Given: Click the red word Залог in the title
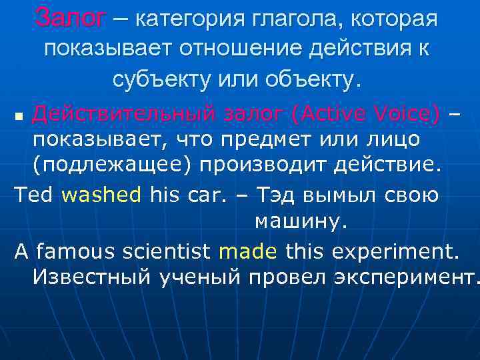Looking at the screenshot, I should coord(70,19).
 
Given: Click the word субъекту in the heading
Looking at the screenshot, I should coord(160,79).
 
